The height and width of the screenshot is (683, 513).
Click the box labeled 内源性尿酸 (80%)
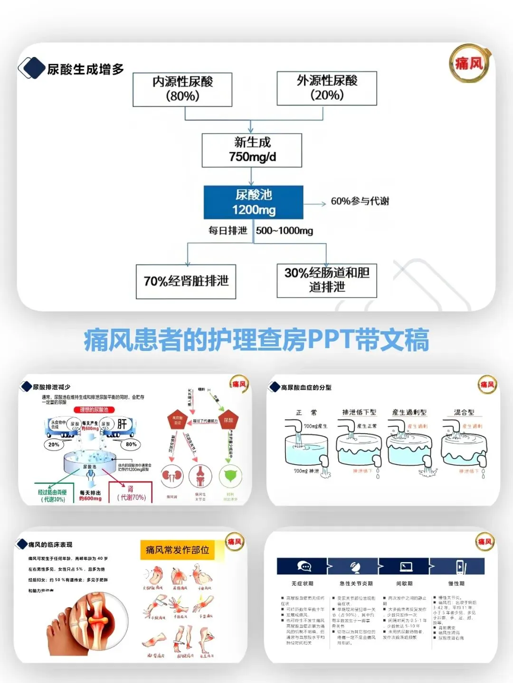click(182, 89)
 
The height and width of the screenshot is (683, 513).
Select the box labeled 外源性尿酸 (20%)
click(327, 88)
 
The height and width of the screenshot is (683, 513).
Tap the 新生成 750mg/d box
click(252, 150)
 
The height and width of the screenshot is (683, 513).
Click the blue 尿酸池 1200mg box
click(254, 202)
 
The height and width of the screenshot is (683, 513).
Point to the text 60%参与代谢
click(360, 201)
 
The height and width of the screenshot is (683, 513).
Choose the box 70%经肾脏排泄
click(186, 281)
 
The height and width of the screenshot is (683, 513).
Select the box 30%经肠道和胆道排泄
click(327, 280)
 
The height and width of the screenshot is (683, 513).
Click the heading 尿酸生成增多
click(85, 69)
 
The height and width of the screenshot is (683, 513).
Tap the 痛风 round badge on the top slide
click(468, 64)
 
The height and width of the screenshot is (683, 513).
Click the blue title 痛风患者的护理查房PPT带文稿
click(256, 340)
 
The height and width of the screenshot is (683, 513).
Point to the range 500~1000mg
click(285, 231)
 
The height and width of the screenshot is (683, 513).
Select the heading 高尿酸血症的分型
click(306, 388)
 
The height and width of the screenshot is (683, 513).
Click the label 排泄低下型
click(359, 412)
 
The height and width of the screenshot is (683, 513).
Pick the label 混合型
click(464, 412)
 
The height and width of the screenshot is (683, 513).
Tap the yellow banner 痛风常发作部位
click(177, 550)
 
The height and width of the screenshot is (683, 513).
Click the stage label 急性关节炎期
click(356, 583)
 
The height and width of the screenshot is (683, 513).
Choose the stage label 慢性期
click(456, 583)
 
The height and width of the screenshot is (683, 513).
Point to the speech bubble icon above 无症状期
click(304, 566)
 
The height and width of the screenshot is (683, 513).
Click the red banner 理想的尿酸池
click(94, 410)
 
